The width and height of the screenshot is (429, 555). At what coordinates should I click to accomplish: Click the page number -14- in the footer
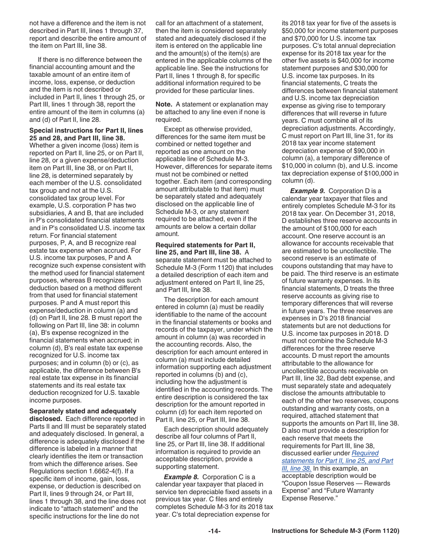pos(214,531)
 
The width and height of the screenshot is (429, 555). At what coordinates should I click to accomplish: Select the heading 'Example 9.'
pos(307,191)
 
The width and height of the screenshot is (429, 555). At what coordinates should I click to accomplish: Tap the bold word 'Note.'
pos(164,104)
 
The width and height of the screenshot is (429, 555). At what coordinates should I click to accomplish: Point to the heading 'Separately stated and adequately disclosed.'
pos(83,415)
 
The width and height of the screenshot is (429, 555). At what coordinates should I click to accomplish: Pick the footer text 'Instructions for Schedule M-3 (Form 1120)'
pos(336,531)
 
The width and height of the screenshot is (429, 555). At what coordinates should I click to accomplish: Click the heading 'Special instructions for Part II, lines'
pos(86,130)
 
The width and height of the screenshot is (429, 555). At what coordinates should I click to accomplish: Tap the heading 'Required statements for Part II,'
pos(205,245)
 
